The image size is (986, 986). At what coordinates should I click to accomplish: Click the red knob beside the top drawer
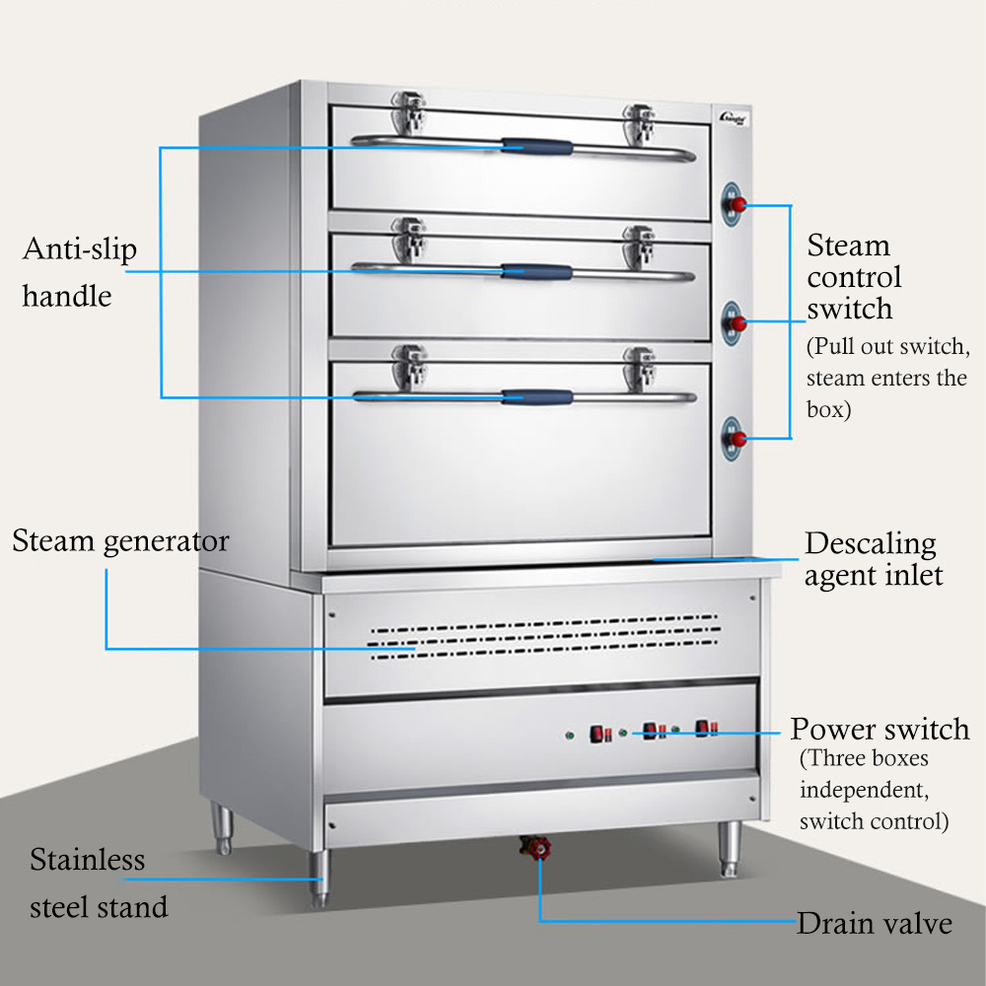tap(739, 204)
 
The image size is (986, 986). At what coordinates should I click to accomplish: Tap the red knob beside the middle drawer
tap(739, 324)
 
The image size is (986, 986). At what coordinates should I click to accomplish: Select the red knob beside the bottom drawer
tap(739, 439)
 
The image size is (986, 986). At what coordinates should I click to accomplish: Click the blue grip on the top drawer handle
tap(537, 147)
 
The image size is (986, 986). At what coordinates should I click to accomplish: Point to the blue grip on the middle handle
tap(537, 272)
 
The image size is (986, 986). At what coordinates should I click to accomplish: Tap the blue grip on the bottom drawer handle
tap(537, 396)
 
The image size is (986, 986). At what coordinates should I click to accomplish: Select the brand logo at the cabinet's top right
tap(734, 118)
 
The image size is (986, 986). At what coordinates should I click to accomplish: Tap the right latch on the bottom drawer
tap(639, 369)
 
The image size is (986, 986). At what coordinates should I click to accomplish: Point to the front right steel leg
tap(730, 849)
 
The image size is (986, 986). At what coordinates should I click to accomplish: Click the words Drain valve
tap(874, 923)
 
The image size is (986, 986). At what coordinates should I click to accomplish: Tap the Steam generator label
tap(120, 541)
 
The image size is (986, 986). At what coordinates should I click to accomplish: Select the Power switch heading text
tap(880, 729)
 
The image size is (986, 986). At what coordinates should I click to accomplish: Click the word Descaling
tap(871, 544)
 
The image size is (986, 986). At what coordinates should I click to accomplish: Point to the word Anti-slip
tap(80, 249)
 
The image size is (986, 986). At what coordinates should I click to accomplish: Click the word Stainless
tap(88, 860)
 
